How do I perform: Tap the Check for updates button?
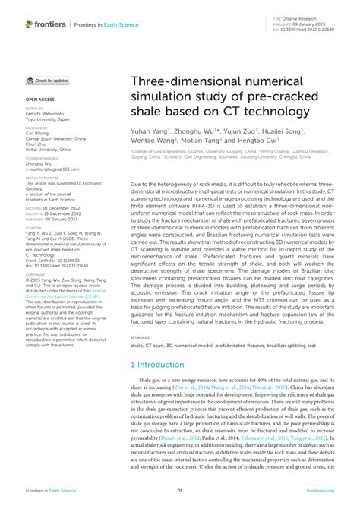pos(48,81)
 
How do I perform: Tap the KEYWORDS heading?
pos(140,358)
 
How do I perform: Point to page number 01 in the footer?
pos(180,492)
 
